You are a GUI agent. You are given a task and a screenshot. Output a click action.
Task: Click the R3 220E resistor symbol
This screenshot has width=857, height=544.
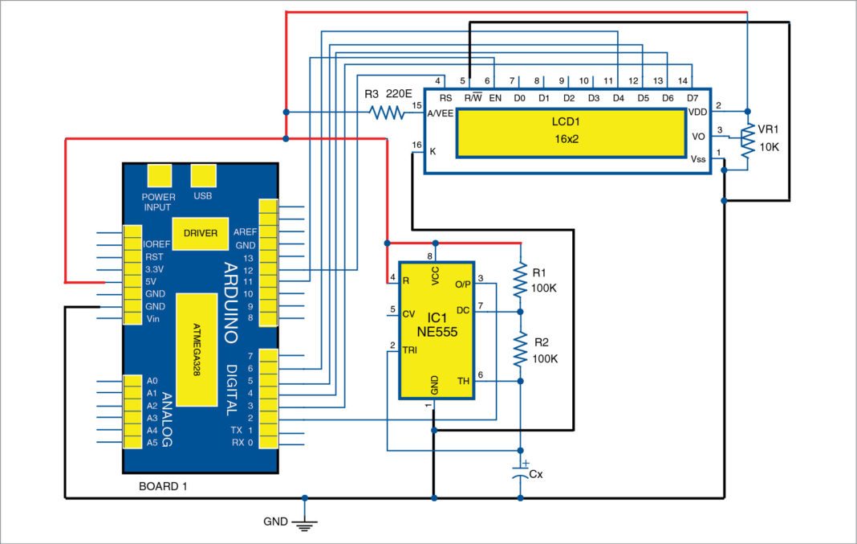(x=388, y=112)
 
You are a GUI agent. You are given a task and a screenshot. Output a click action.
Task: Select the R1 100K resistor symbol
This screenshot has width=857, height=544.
(x=520, y=278)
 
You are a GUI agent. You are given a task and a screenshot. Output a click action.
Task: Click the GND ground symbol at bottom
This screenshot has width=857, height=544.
(x=304, y=524)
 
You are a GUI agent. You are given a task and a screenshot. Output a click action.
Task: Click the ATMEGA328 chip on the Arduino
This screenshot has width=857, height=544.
(x=196, y=350)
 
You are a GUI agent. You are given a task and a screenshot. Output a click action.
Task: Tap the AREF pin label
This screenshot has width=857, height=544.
(x=244, y=231)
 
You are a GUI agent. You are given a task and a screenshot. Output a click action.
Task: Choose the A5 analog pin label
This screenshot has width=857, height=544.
(x=152, y=443)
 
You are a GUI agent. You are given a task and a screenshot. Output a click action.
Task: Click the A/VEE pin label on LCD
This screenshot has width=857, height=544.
(x=441, y=113)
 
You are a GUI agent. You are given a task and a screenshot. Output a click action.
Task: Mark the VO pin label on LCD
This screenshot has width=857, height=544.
(x=697, y=137)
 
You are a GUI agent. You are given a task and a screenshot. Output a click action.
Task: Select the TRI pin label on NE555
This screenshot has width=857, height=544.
(x=410, y=350)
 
